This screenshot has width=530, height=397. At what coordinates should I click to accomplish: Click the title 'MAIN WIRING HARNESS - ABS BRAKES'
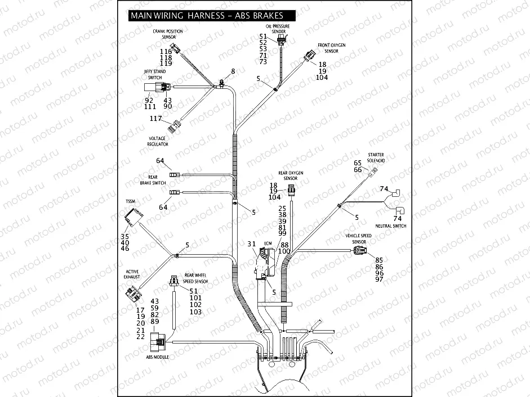point(207,16)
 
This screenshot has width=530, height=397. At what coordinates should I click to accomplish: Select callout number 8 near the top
point(233,71)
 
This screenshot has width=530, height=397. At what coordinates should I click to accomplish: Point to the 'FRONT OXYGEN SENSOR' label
point(332,48)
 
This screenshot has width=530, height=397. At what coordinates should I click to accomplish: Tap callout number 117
point(155,119)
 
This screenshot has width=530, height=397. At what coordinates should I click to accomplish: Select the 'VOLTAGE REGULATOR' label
point(158,141)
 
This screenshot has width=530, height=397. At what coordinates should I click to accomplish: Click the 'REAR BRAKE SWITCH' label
point(153,180)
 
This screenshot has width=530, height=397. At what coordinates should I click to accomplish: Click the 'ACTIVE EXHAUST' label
point(132,274)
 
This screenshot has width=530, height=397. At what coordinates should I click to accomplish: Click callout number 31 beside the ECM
point(252,243)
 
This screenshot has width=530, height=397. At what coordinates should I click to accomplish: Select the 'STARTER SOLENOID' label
point(376,157)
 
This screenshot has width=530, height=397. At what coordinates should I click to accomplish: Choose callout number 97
point(379,279)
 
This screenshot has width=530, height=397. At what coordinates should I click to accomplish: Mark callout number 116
point(166,51)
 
